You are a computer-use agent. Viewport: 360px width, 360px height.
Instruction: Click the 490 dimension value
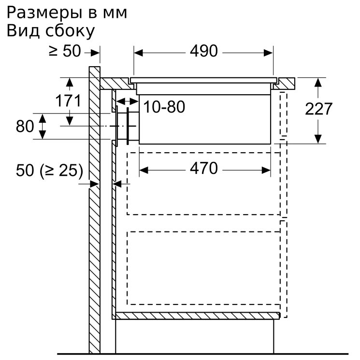[203, 51]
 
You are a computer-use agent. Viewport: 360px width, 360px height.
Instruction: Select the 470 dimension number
[203, 169]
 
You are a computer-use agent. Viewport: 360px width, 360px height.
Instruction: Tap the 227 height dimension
[318, 109]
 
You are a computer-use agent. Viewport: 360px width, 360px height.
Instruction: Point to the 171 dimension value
[68, 101]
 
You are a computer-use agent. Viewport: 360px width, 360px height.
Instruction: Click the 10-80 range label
[164, 107]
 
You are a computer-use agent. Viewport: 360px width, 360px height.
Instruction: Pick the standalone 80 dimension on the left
[25, 126]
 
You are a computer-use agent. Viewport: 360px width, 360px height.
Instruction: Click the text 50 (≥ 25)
[49, 171]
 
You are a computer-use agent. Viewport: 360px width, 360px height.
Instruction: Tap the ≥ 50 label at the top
[65, 51]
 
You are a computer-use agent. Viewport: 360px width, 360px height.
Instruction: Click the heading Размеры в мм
[67, 13]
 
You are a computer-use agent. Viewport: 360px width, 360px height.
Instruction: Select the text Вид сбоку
[51, 31]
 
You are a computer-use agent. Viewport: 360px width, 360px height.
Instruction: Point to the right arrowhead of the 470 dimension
[266, 171]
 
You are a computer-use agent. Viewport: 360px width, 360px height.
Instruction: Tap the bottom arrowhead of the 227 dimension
[318, 139]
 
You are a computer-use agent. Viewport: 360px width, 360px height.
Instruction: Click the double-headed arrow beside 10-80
[128, 101]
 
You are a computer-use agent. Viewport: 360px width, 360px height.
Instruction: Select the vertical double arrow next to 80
[42, 126]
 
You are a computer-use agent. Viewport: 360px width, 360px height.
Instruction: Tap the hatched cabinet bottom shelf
[198, 316]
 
